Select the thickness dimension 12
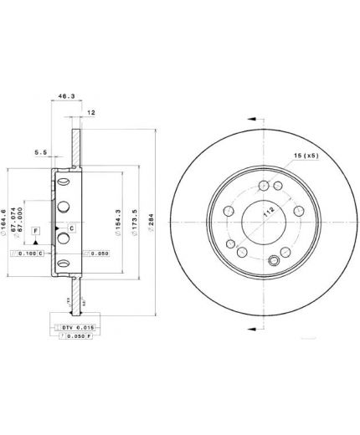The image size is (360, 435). (91, 112)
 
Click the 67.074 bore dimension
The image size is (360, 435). (18, 222)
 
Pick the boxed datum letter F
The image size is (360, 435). (36, 229)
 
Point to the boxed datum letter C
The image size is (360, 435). (72, 228)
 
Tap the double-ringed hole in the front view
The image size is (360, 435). (274, 261)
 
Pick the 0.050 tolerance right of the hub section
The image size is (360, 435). (96, 253)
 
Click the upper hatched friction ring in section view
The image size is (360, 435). (75, 146)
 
